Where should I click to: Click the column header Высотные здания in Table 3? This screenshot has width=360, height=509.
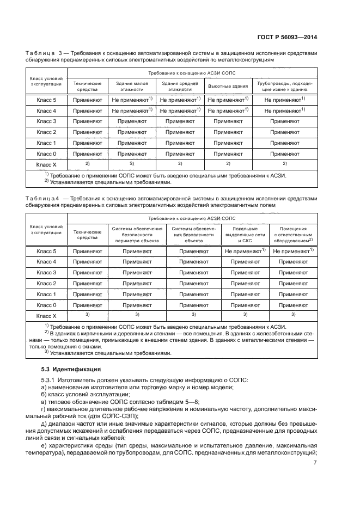coord(228,86)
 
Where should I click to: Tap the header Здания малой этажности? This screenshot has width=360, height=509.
coord(133,86)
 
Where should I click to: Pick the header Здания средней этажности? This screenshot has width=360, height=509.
coord(180,86)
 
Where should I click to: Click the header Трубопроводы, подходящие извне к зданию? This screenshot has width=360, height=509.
coord(284,86)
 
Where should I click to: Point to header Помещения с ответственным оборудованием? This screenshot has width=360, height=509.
coord(292,233)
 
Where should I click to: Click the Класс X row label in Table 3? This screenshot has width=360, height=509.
coord(46,164)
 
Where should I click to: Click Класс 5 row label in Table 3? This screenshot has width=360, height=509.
coord(46,100)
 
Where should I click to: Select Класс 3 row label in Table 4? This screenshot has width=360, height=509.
coord(46,272)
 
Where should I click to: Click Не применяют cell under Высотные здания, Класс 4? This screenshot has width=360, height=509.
coord(228,111)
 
